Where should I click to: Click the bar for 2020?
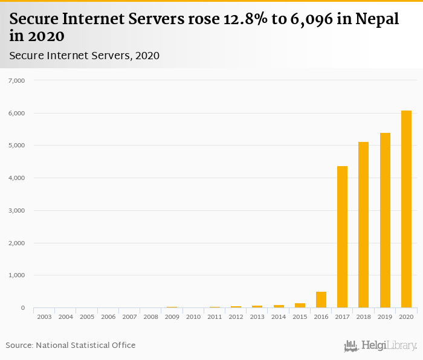pyautogui.click(x=406, y=209)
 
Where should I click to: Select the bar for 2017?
pyautogui.click(x=342, y=237)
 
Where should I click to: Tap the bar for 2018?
pyautogui.click(x=364, y=225)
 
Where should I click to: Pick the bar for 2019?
pyautogui.click(x=385, y=220)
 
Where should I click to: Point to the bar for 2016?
pyautogui.click(x=321, y=300)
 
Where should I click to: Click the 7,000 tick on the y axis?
pyautogui.click(x=15, y=80)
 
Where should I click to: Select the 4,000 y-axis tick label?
pyautogui.click(x=15, y=178)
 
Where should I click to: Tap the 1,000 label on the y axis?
pyautogui.click(x=15, y=275)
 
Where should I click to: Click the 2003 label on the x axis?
pyautogui.click(x=44, y=317)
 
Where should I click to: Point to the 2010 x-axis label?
pyautogui.click(x=193, y=317)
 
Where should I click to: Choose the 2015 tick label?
pyautogui.click(x=300, y=317)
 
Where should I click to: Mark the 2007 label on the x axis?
pyautogui.click(x=129, y=317)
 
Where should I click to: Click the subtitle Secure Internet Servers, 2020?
pyautogui.click(x=85, y=56)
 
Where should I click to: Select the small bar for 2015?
pyautogui.click(x=300, y=306)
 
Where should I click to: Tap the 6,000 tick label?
pyautogui.click(x=15, y=113)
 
